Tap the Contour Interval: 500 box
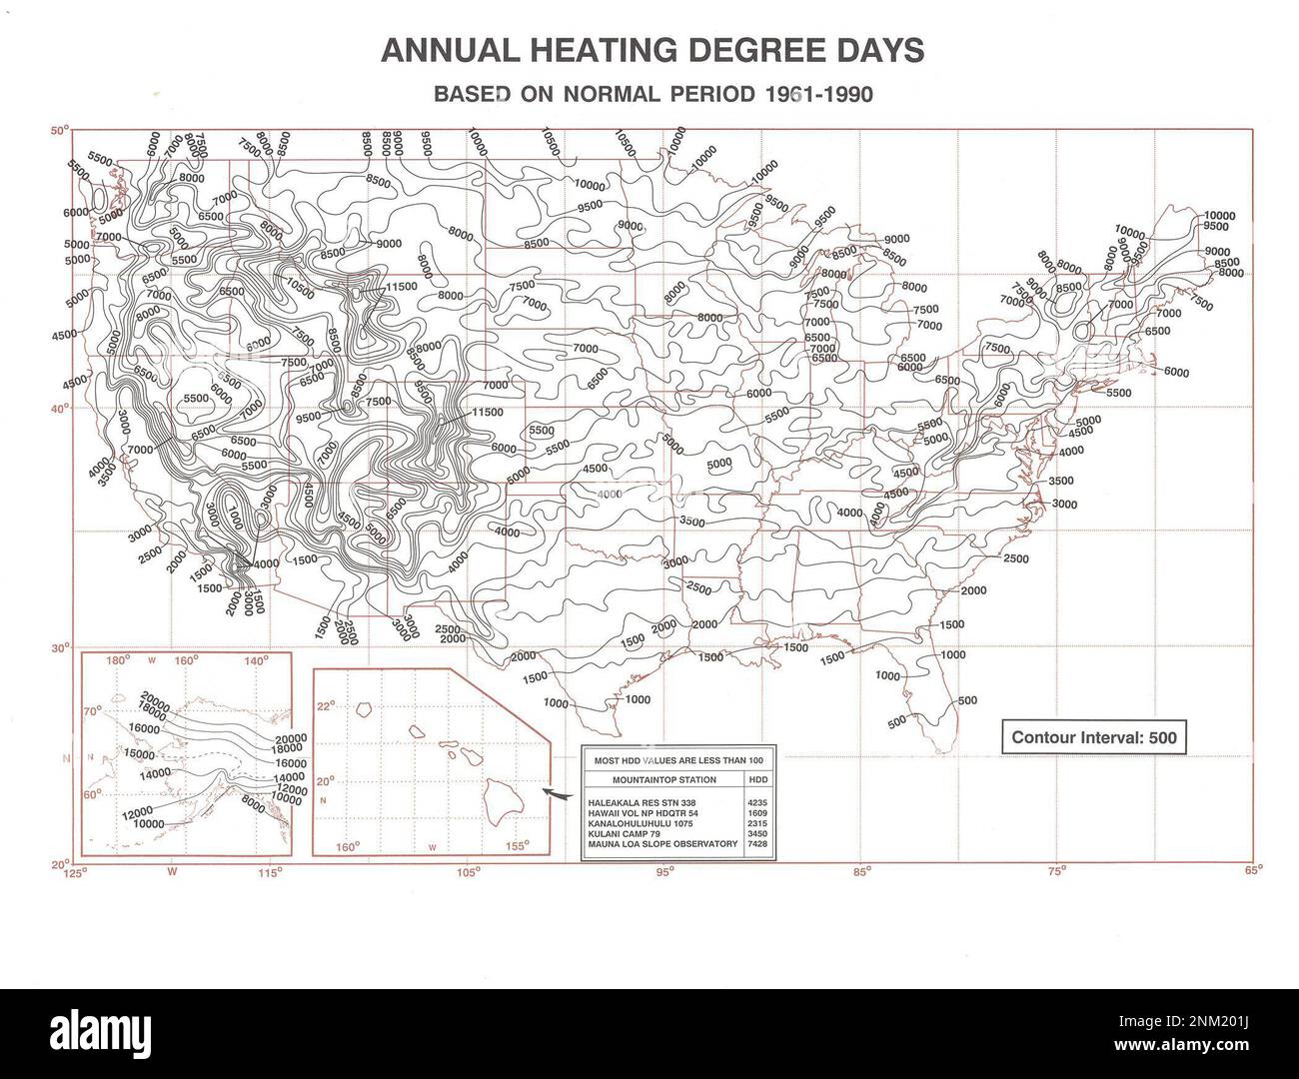pyautogui.click(x=1095, y=738)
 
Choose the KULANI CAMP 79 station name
pyautogui.click(x=626, y=833)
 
